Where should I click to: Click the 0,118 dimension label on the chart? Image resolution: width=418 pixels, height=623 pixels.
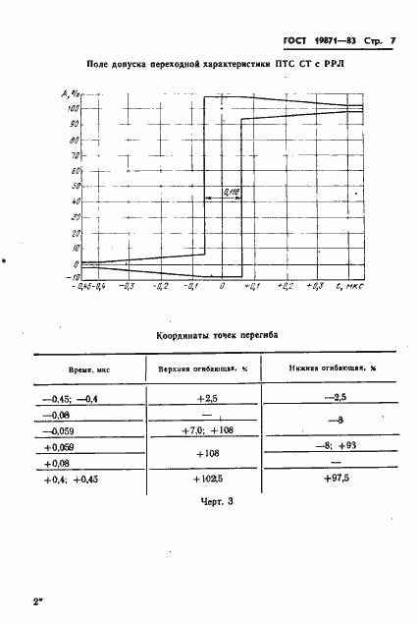tap(232, 191)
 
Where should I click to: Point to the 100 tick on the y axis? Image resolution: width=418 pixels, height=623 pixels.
tap(74, 109)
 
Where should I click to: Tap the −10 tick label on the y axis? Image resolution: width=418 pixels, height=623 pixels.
tap(73, 278)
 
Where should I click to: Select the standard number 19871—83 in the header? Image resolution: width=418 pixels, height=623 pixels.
tap(316, 43)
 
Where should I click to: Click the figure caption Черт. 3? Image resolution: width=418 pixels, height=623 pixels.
tap(208, 504)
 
